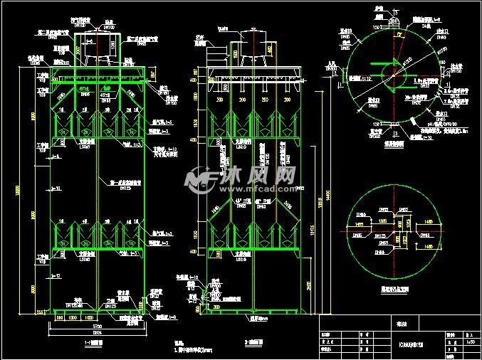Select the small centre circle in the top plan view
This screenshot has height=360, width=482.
[x=390, y=70]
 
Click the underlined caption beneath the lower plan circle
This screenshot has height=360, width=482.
[x=389, y=290]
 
